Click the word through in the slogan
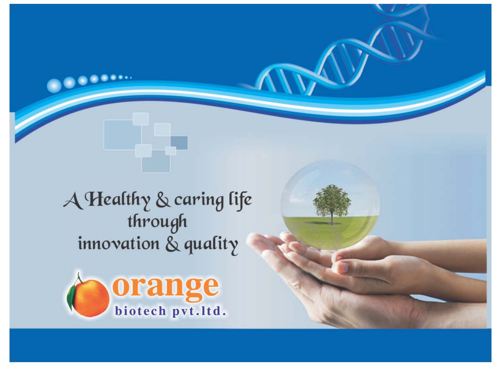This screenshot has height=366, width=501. (x=157, y=222)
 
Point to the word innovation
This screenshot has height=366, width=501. (x=119, y=243)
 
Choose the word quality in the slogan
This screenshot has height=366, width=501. (x=211, y=245)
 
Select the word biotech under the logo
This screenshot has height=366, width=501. (x=141, y=311)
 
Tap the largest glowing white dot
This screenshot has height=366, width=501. (x=54, y=86)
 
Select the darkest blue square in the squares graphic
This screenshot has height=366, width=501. (x=179, y=143)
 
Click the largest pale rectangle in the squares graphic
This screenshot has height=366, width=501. (x=122, y=135)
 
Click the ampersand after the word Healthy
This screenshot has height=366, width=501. (x=163, y=201)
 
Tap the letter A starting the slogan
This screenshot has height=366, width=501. (x=73, y=201)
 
